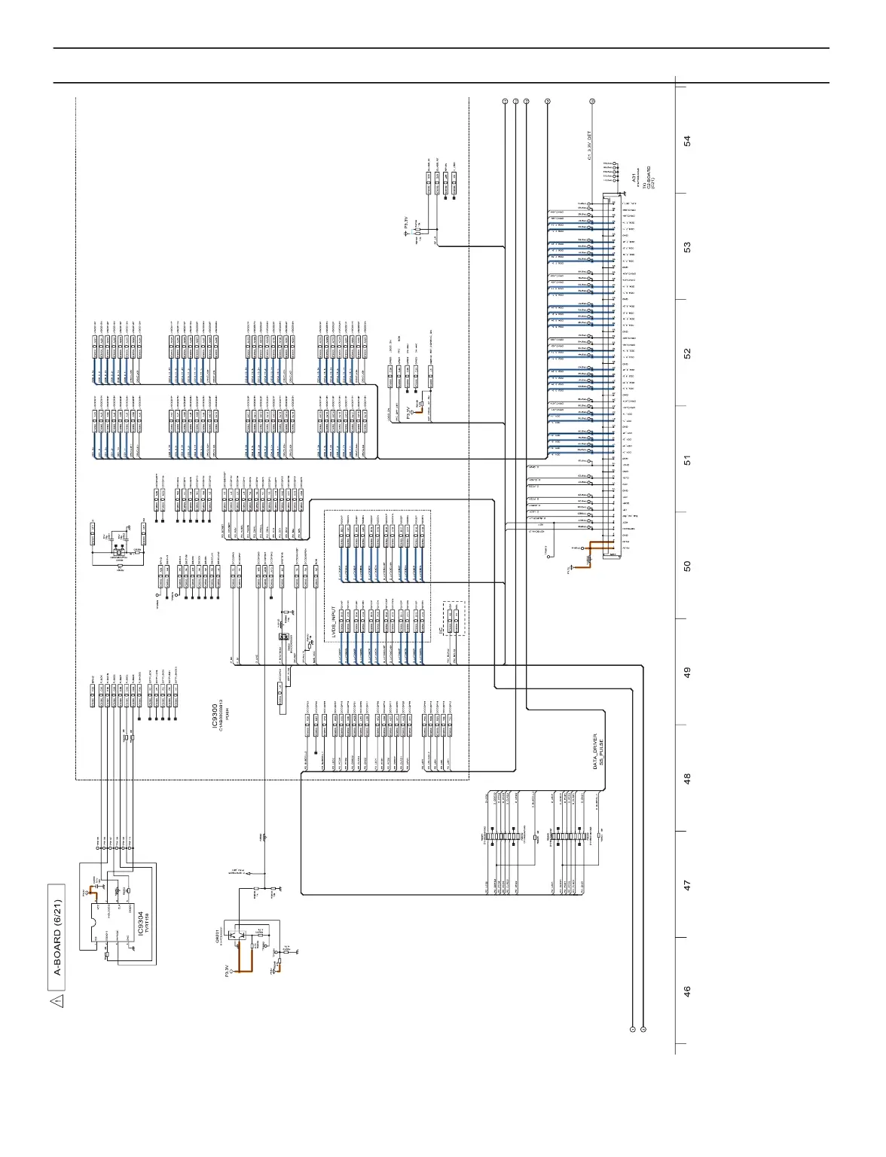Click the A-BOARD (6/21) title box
[x=57, y=937]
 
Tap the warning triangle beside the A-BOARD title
[x=57, y=1001]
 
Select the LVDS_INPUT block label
[x=334, y=622]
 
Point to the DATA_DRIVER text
[x=594, y=750]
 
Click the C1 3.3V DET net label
[x=589, y=145]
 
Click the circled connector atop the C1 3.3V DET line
[x=592, y=101]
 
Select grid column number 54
[x=686, y=141]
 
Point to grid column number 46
[x=686, y=992]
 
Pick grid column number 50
[x=686, y=566]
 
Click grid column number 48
[x=686, y=779]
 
